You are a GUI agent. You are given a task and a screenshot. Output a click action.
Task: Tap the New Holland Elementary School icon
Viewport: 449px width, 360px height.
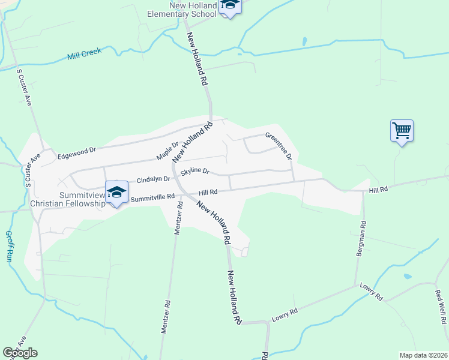[x=229, y=6]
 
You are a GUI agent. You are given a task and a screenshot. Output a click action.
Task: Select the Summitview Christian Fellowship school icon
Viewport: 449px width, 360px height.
[x=117, y=192]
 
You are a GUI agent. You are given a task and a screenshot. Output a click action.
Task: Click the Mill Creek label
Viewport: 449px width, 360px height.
[x=85, y=53]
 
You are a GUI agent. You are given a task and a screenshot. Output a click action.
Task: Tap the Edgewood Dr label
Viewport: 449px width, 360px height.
[x=76, y=153]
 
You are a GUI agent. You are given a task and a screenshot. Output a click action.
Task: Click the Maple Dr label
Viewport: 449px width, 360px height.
[x=167, y=151]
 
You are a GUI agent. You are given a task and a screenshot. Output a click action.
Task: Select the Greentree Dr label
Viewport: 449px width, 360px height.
[x=279, y=146]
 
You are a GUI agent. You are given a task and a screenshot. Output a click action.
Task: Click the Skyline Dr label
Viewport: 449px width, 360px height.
[x=195, y=172]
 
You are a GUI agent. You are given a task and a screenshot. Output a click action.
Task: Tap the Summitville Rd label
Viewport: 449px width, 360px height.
[x=152, y=197]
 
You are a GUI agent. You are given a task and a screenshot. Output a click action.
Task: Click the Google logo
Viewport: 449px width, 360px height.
[x=20, y=353]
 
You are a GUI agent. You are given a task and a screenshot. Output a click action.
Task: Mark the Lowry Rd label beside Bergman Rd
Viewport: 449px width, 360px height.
[x=370, y=292]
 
